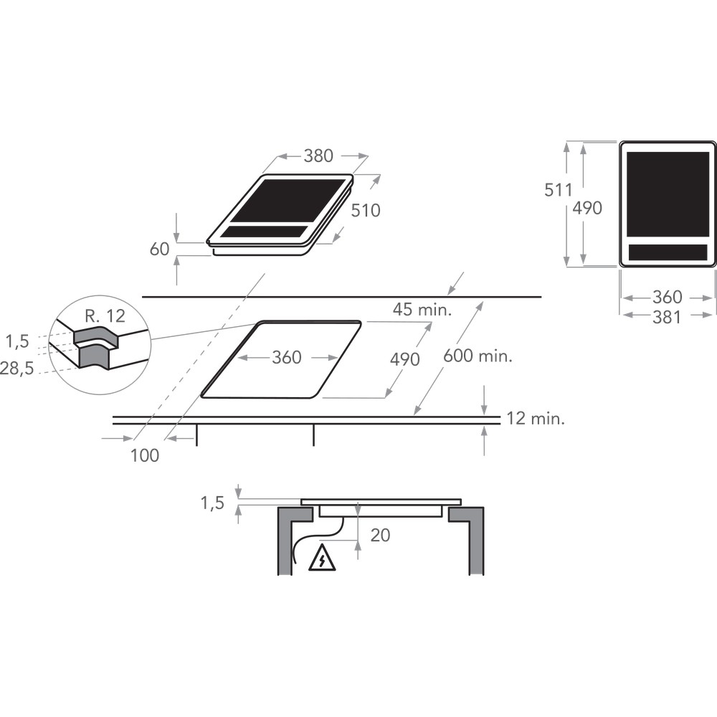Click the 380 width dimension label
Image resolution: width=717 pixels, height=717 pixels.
pyautogui.click(x=318, y=156)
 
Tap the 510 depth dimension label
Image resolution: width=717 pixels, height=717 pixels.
pyautogui.click(x=366, y=210)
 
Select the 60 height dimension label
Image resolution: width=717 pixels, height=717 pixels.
pyautogui.click(x=160, y=250)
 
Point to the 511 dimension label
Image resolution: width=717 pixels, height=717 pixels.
pyautogui.click(x=559, y=190)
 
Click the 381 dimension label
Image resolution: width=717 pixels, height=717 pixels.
pyautogui.click(x=667, y=317)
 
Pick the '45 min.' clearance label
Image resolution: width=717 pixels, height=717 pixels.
pyautogui.click(x=422, y=310)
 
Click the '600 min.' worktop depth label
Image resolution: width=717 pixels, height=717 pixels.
pyautogui.click(x=478, y=356)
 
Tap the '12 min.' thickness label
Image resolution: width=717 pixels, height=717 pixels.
pyautogui.click(x=536, y=419)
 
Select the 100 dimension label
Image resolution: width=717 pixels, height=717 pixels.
pyautogui.click(x=145, y=455)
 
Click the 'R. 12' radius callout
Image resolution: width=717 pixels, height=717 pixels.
pyautogui.click(x=105, y=316)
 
